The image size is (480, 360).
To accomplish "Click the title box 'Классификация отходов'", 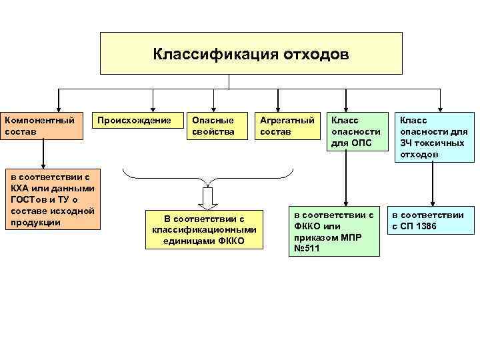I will point(251,53).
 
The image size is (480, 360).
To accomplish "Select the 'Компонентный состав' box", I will point(43,126).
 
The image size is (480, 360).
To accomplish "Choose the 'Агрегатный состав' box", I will point(287,126).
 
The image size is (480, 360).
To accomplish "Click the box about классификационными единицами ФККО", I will point(204,229).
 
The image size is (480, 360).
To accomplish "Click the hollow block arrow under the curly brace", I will point(208,198).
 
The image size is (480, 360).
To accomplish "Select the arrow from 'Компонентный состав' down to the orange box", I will point(43,154).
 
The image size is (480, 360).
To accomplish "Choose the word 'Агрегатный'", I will point(287,121).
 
